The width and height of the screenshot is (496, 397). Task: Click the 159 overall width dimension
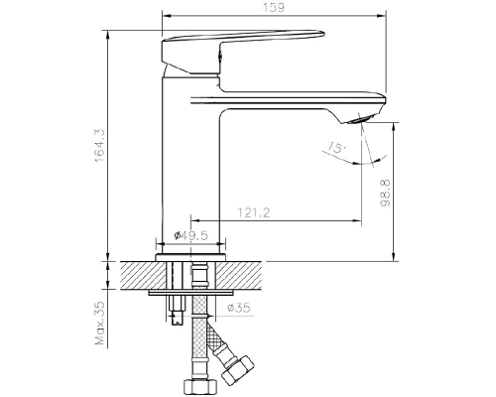coord(274,8)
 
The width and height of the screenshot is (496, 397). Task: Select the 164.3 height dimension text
coord(99,145)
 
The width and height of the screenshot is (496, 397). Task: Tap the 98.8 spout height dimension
coord(385,194)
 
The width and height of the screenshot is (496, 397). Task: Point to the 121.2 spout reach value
coord(254,212)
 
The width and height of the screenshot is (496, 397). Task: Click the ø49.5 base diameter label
coord(190,235)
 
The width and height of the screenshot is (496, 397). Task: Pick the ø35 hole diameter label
coord(239,308)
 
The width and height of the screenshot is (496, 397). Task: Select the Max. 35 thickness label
coord(99,324)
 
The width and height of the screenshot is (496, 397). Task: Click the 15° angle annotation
coord(337,147)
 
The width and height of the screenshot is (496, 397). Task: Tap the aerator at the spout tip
coord(363,119)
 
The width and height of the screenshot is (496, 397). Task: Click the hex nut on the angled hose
coord(238,369)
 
